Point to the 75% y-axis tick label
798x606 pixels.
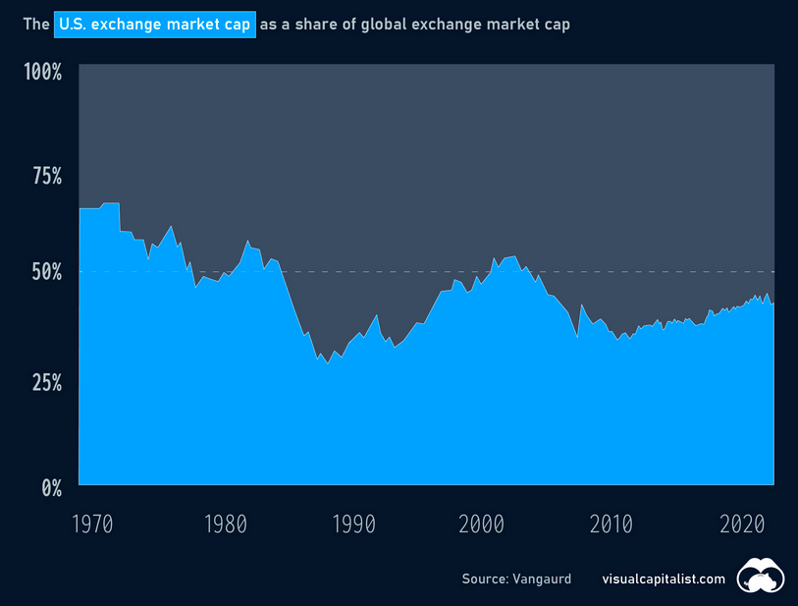[x=42, y=176]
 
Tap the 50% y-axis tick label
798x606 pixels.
[x=42, y=271]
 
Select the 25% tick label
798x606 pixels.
[x=42, y=381]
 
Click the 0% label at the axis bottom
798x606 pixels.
[x=49, y=486]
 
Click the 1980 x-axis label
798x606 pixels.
[x=225, y=522]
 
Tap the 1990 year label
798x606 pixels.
[x=353, y=522]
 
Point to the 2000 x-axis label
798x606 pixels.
[x=482, y=522]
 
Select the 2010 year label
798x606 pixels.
[x=612, y=522]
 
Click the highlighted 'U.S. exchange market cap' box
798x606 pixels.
[x=155, y=25]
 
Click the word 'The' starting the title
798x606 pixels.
[x=36, y=25]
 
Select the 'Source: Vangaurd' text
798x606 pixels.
[x=516, y=579]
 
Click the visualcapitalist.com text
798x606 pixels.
[x=664, y=579]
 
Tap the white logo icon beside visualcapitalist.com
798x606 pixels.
[x=761, y=577]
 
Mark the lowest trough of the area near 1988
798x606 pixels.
[x=328, y=363]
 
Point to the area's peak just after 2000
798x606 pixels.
[x=513, y=255]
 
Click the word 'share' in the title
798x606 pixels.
[x=308, y=25]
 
